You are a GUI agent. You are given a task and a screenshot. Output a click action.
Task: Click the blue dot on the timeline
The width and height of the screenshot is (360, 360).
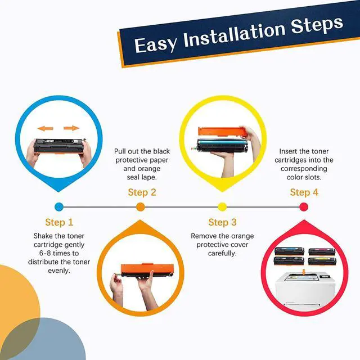tap(59, 207)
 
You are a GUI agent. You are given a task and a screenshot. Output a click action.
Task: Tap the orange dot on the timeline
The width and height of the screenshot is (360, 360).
tap(141, 207)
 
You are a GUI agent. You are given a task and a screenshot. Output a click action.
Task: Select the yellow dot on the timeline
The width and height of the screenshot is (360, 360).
tap(222, 207)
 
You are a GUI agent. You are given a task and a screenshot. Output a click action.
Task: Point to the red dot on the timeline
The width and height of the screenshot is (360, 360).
tap(304, 207)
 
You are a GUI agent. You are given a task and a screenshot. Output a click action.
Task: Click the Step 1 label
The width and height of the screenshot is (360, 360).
tap(59, 222)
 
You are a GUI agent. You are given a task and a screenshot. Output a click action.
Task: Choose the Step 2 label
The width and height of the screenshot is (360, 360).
tap(142, 192)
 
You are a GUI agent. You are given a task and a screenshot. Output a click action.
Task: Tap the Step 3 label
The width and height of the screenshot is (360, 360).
tap(222, 222)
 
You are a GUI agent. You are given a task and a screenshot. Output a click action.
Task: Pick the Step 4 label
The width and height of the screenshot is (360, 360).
tap(304, 192)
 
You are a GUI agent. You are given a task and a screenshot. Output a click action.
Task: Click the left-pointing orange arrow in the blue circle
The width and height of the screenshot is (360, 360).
tap(45, 128)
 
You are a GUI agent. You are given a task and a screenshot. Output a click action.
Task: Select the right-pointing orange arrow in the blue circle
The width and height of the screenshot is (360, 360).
tap(71, 128)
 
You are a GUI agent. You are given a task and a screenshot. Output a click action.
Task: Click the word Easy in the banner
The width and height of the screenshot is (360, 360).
tap(156, 44)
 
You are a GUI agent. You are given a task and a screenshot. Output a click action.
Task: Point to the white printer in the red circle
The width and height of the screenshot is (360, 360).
tap(305, 290)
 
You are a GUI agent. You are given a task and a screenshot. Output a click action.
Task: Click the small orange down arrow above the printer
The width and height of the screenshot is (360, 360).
tap(304, 272)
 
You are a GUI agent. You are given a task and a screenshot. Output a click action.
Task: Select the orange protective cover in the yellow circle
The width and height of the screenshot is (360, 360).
tap(221, 132)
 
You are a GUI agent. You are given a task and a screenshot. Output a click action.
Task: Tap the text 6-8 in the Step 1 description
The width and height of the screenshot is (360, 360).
tap(45, 253)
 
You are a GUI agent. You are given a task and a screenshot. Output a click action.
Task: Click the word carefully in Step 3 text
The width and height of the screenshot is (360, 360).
tap(222, 254)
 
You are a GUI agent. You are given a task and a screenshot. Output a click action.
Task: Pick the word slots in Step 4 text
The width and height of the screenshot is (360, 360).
tap(314, 177)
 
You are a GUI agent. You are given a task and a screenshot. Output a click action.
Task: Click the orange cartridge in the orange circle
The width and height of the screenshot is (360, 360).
tap(147, 270)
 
